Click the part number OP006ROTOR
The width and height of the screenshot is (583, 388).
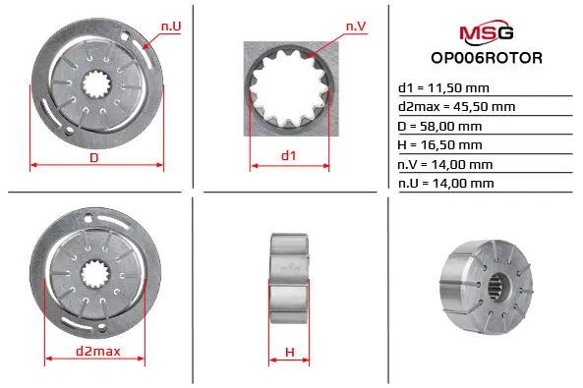pyautogui.click(x=487, y=58)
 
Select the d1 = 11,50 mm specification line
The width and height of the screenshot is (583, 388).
pyautogui.click(x=443, y=88)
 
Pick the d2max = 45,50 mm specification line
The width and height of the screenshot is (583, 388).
pyautogui.click(x=456, y=107)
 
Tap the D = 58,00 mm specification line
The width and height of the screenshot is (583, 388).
pyautogui.click(x=439, y=127)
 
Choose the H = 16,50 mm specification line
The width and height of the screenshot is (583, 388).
pyautogui.click(x=439, y=145)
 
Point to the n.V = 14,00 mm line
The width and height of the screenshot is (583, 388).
pyautogui.click(x=445, y=164)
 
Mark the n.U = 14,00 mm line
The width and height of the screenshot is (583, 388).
pyautogui.click(x=445, y=184)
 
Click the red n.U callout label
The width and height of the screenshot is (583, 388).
pyautogui.click(x=171, y=27)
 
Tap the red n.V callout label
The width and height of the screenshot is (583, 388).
pyautogui.click(x=356, y=27)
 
